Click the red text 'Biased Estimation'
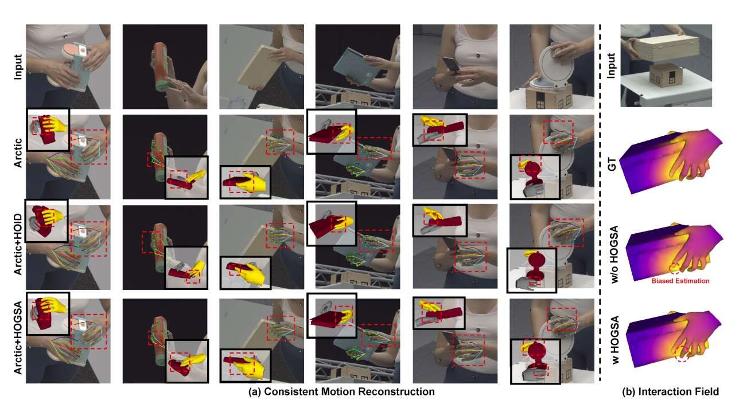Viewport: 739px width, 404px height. click(680, 281)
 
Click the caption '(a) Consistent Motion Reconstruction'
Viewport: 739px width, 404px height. click(341, 391)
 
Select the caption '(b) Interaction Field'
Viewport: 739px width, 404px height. click(670, 391)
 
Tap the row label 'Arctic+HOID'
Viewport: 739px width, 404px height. click(18, 244)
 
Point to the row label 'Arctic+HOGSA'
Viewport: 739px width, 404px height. click(18, 338)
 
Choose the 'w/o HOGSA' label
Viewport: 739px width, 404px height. click(614, 254)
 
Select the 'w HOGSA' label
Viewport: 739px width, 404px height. click(614, 340)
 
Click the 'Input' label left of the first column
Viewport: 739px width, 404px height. click(18, 67)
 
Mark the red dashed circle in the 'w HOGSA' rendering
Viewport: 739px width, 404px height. click(682, 354)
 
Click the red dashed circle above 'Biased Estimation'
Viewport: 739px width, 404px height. click(675, 269)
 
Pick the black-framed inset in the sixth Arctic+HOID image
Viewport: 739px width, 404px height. click(531, 270)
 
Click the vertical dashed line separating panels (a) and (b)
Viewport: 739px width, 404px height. click(600, 203)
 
